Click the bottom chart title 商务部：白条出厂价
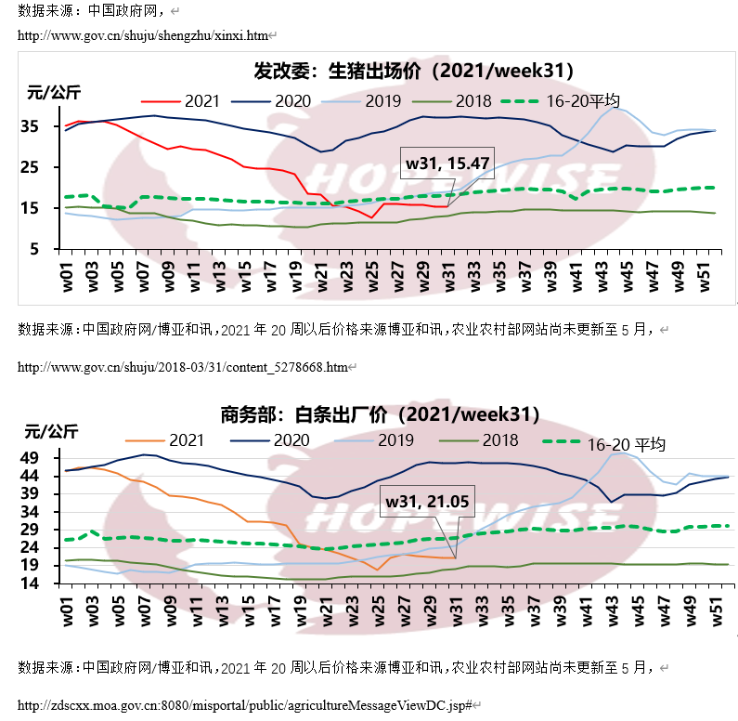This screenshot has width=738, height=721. (x=380, y=414)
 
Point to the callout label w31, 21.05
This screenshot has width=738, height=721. (x=427, y=502)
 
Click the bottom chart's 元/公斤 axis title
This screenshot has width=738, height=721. (x=52, y=431)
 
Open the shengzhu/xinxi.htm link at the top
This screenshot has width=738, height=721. (x=143, y=35)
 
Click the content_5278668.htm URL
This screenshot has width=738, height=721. (x=183, y=367)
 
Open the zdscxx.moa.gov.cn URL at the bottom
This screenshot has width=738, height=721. (x=245, y=706)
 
